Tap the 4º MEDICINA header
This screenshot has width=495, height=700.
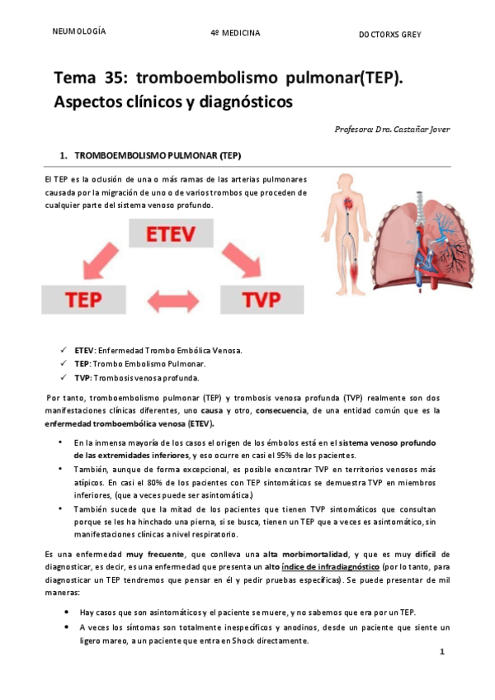tap(235, 33)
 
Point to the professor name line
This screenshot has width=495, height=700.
tap(392, 129)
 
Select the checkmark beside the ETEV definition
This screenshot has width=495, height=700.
tap(64, 350)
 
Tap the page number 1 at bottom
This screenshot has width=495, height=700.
tap(442, 651)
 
